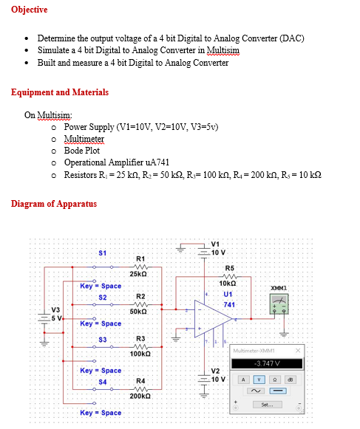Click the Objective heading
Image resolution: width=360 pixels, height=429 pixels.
click(x=30, y=10)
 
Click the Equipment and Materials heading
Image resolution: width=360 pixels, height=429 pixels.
click(x=60, y=92)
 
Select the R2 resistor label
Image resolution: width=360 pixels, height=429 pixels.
click(x=140, y=296)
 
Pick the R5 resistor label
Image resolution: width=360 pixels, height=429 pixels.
click(x=229, y=267)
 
